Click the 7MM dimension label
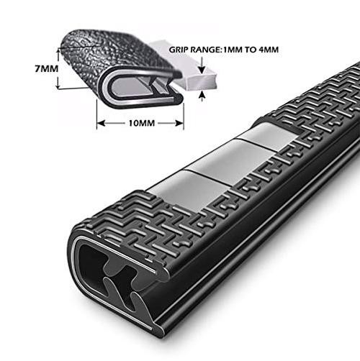coord(47,69)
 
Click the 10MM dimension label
coord(142,123)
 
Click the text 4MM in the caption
coord(269,50)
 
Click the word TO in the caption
coord(251,50)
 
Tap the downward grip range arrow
coord(202,65)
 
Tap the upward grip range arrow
coord(202,96)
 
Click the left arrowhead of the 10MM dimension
coord(101,123)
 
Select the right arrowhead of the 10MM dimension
coord(179,123)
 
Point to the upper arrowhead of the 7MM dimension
coord(58,51)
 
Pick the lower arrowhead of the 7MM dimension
coord(58,85)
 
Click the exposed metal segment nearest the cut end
coord(187,189)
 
